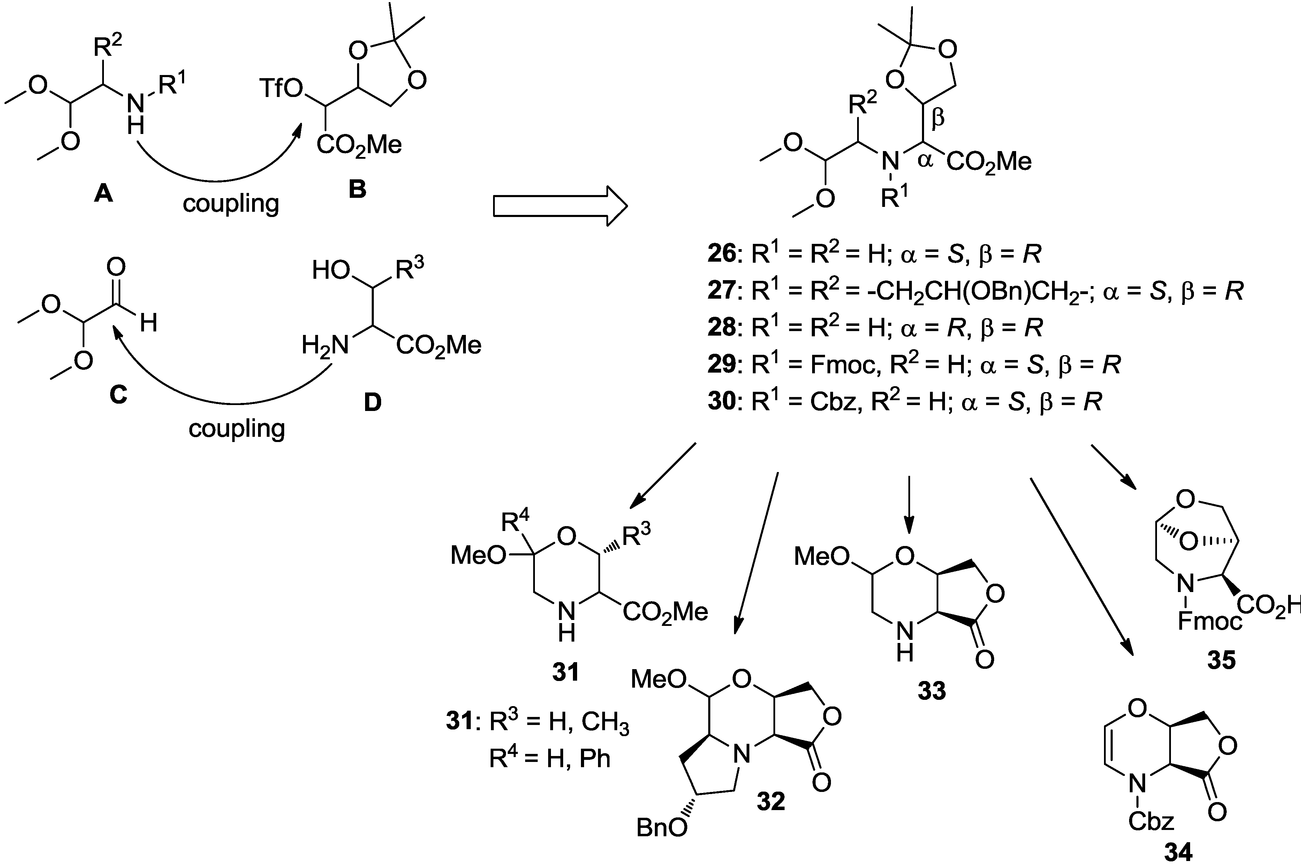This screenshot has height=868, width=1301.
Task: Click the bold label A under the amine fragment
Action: click(104, 193)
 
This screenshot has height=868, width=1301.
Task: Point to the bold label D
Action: click(372, 403)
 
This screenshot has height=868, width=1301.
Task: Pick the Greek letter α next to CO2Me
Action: click(925, 160)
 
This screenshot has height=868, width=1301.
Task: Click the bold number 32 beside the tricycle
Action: click(771, 801)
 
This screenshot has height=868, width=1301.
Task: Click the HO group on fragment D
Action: click(331, 270)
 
